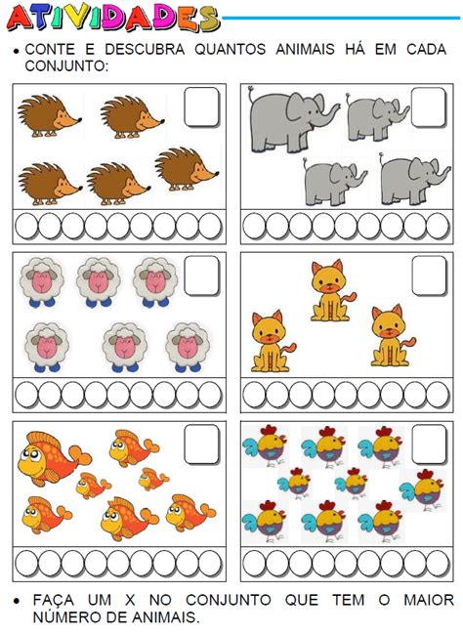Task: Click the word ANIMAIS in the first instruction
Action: click(305, 50)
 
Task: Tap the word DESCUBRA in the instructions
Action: click(145, 50)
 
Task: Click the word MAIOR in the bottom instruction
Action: click(429, 600)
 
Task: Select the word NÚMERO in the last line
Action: click(65, 617)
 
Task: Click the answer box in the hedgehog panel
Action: click(202, 107)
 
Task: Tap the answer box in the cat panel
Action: click(430, 275)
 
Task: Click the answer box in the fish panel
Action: click(202, 444)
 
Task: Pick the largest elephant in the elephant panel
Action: click(293, 120)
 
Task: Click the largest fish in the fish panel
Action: click(54, 458)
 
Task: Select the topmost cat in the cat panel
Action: click(332, 291)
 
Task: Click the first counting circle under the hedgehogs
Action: click(26, 226)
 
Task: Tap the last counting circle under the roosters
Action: click(438, 563)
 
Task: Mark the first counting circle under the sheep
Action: click(26, 394)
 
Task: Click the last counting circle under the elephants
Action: click(438, 226)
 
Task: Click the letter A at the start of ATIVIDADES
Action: click(21, 19)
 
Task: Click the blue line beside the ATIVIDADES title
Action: click(341, 18)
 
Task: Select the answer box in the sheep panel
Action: click(202, 275)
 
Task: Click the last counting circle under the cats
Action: click(438, 394)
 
